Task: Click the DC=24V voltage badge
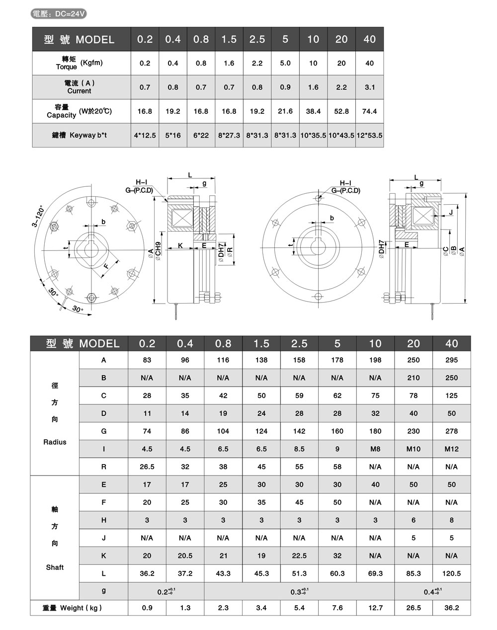(x=59, y=14)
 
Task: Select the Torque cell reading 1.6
(x=229, y=64)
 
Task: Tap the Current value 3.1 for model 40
(x=369, y=87)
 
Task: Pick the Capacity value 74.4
(x=369, y=111)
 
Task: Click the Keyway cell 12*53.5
(x=369, y=135)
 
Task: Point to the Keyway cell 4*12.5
(x=145, y=135)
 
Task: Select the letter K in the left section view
(x=180, y=245)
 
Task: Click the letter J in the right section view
(x=450, y=212)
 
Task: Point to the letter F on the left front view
(x=106, y=266)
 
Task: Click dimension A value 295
(x=451, y=360)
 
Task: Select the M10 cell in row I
(x=413, y=449)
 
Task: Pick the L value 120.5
(x=451, y=573)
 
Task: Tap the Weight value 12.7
(x=375, y=608)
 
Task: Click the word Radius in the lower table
(x=55, y=442)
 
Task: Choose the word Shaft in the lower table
(x=55, y=567)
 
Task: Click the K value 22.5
(x=299, y=556)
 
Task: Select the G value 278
(x=451, y=431)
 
